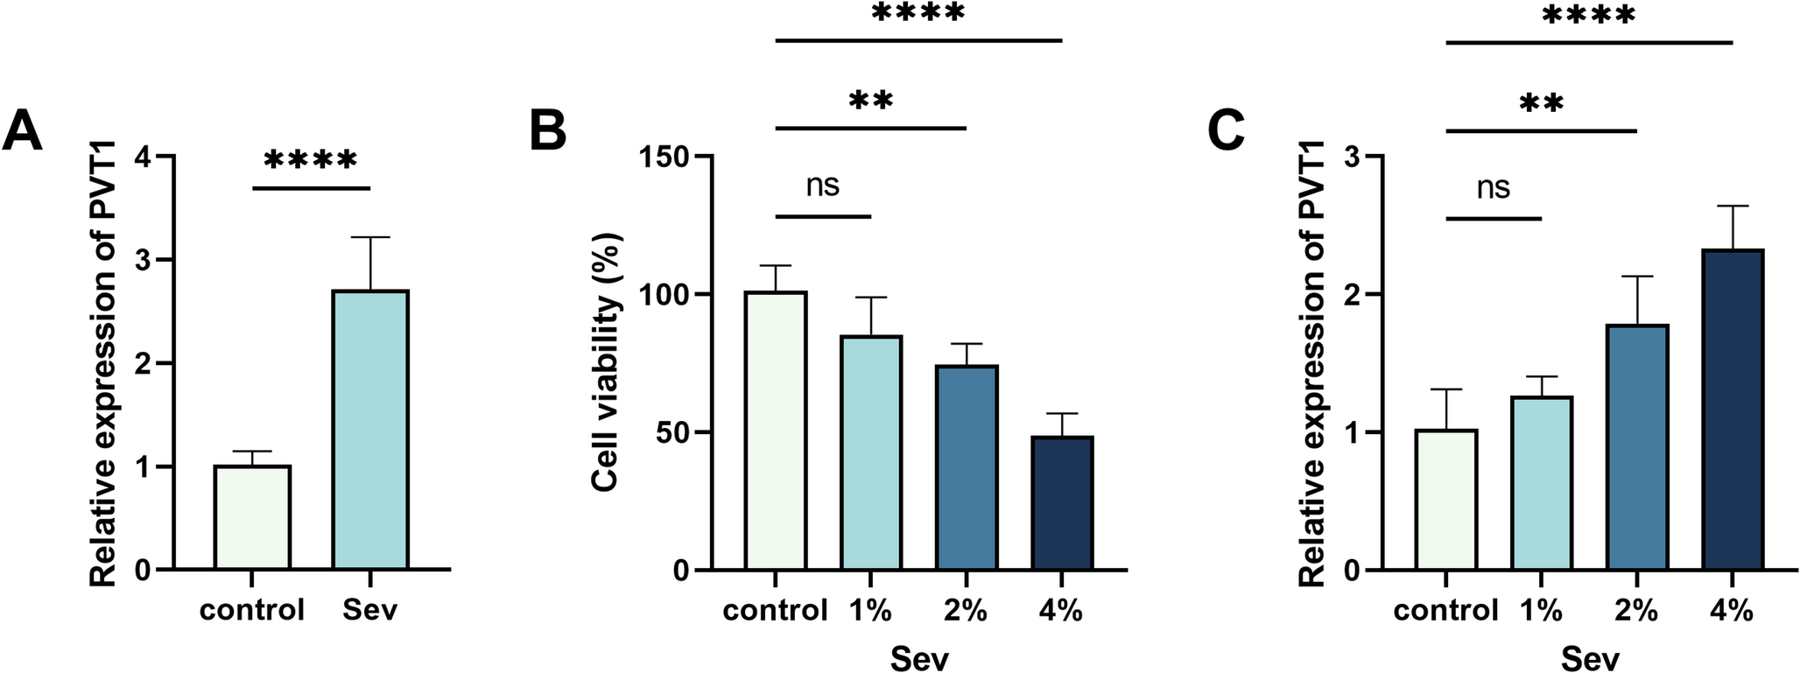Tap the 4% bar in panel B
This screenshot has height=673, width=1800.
tap(1062, 503)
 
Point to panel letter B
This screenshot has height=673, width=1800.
tap(548, 131)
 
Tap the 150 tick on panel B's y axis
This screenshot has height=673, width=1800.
tap(664, 158)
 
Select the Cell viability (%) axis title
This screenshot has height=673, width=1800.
tap(606, 361)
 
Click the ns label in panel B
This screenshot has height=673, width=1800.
tap(822, 186)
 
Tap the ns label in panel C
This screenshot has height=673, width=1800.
tap(1493, 187)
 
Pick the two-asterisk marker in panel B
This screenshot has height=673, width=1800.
tap(870, 101)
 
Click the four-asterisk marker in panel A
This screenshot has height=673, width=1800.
tap(311, 160)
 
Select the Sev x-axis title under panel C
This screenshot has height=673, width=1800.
tap(1589, 657)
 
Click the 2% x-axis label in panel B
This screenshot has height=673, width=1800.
tap(967, 610)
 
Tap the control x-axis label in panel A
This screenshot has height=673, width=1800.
tap(252, 610)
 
